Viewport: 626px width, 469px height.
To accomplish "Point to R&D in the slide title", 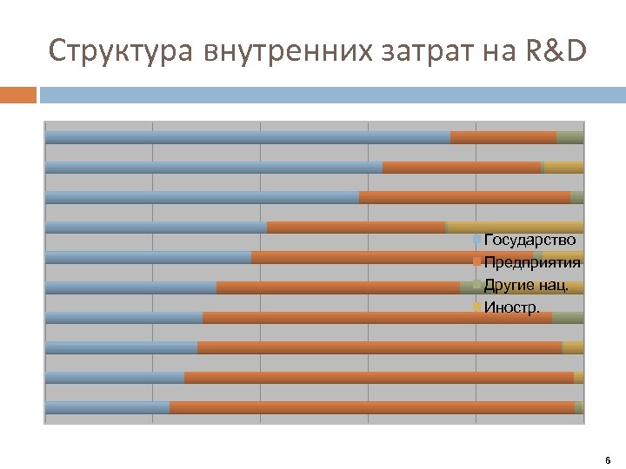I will (x=556, y=52).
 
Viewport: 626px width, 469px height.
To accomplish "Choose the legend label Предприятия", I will (x=532, y=262).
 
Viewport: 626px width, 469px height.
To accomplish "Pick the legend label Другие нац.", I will (x=527, y=285).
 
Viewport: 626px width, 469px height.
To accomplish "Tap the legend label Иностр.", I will (x=512, y=307).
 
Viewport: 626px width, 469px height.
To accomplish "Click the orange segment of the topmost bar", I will (x=503, y=137).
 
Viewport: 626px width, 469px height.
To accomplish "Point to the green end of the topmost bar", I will (x=570, y=137).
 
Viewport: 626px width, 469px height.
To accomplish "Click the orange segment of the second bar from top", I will (x=462, y=168).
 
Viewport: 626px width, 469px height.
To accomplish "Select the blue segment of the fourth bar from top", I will (x=156, y=228).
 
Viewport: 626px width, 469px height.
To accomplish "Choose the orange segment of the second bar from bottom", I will (x=379, y=378).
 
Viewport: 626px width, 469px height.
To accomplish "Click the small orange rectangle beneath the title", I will (x=18, y=95).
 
